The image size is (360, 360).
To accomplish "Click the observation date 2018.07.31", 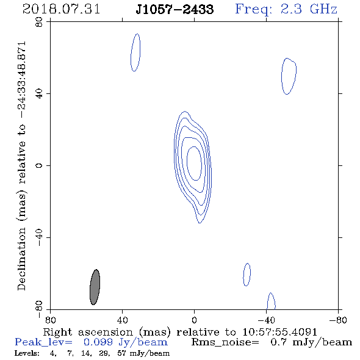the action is coord(61,9).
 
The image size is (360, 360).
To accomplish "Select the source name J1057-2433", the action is coord(175,9).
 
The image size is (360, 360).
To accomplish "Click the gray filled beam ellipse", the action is coord(95,287).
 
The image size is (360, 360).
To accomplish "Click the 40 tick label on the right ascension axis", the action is coord(122,320).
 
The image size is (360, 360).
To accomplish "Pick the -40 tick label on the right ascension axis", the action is coord(266,320).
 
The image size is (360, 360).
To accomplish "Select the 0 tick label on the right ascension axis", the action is coord(194,320).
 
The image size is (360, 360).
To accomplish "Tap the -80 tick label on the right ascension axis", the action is coord(338,320).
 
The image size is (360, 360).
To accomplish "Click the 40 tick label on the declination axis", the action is coord(39,94).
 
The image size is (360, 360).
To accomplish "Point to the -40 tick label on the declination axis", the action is coord(39,237).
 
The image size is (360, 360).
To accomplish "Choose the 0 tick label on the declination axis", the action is coord(39,165).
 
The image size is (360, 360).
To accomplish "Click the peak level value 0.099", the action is coord(98,342).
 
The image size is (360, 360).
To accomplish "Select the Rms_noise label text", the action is coord(225,342).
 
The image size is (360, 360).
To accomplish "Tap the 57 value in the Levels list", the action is coord(121,353).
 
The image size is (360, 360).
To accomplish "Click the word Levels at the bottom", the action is coord(27,353).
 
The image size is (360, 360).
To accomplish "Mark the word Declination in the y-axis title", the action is coord(21,259).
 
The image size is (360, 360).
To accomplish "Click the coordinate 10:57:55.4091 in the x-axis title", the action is coord(279,332).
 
